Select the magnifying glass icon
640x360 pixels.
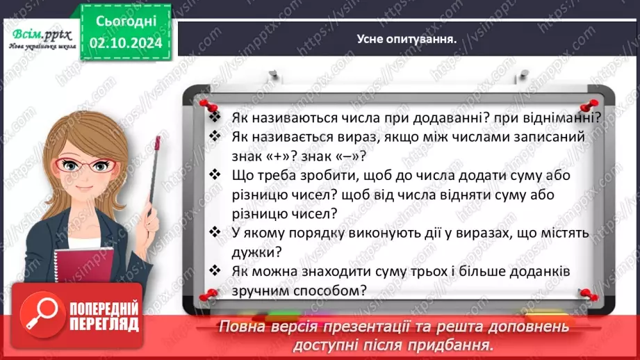(x=40, y=316)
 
